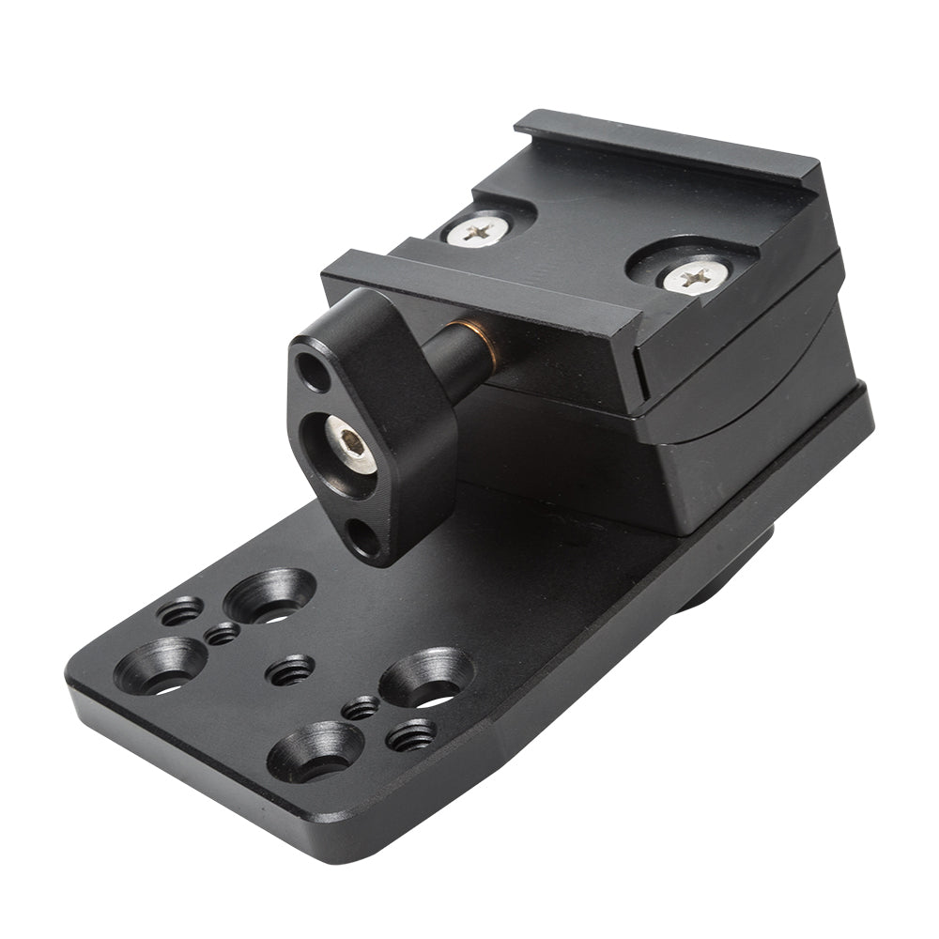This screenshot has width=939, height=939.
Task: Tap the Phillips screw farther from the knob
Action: [697, 277]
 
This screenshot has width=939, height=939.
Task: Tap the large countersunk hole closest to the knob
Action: [269, 595]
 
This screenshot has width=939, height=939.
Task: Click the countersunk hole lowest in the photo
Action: [314, 748]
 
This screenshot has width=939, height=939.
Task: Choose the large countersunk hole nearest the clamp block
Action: [427, 677]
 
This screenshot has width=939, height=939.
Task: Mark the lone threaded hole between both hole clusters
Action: [290, 670]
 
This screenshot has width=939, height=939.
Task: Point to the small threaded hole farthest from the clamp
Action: [180, 612]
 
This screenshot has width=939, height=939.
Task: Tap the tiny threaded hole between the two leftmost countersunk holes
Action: [222, 635]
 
